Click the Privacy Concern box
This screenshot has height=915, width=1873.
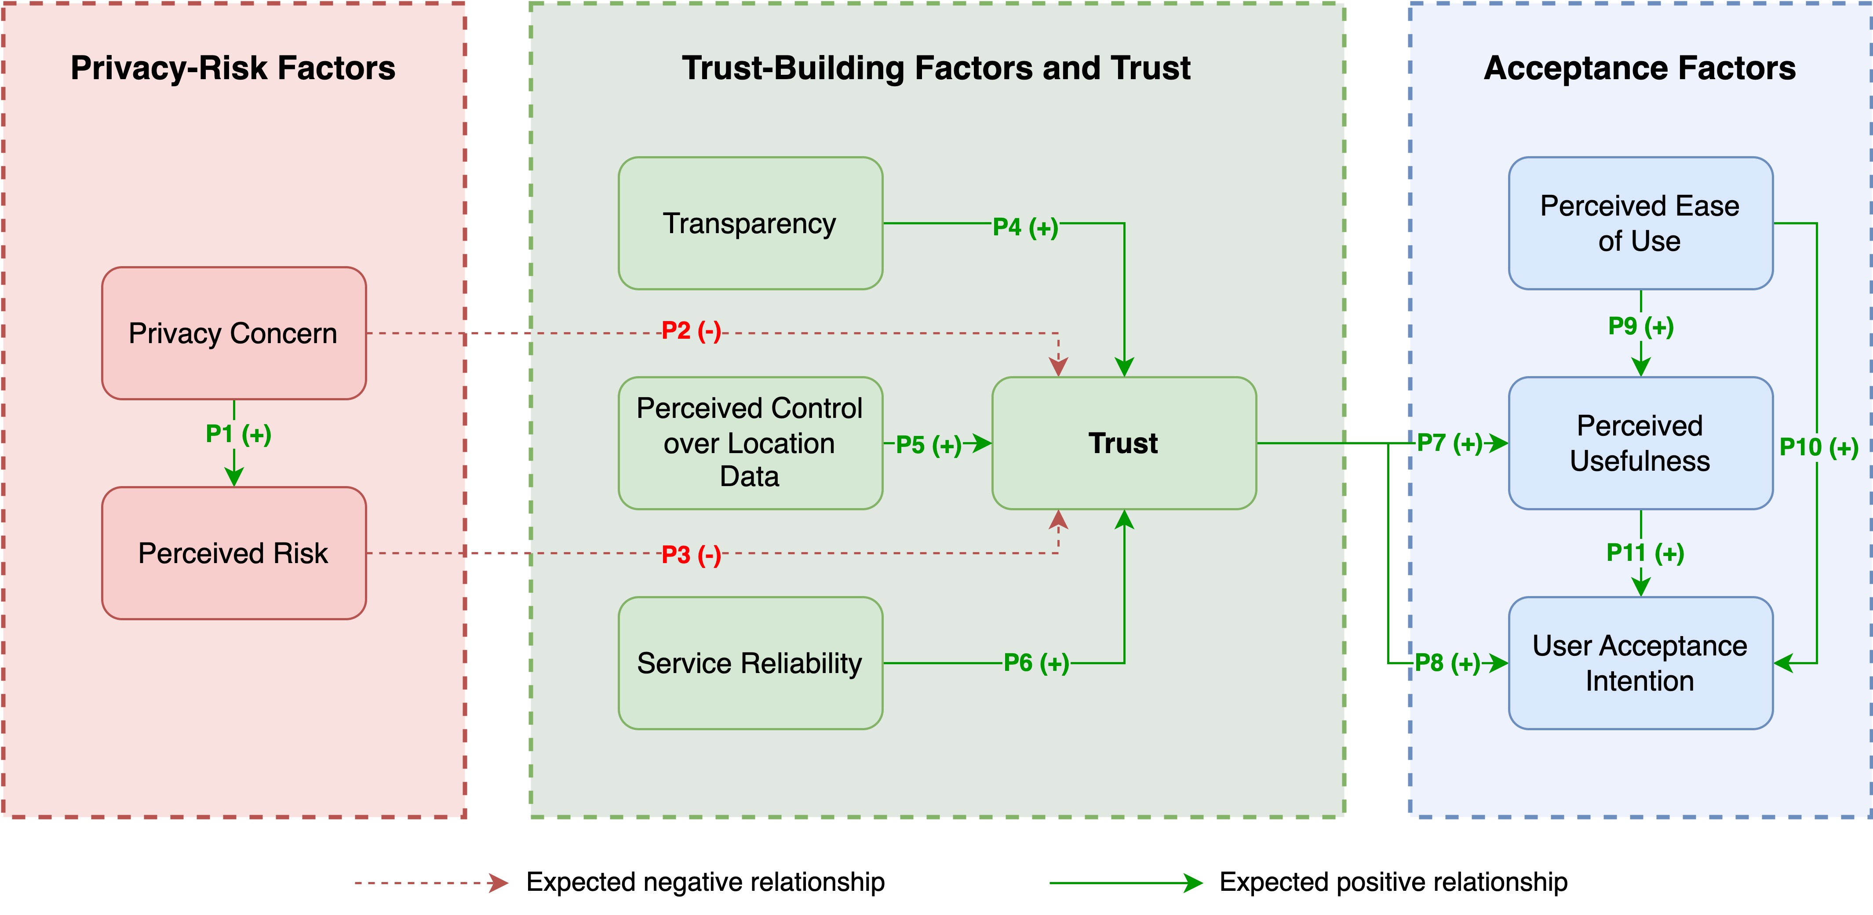(233, 333)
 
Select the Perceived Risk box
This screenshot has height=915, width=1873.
(233, 553)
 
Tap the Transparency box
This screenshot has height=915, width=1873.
(751, 223)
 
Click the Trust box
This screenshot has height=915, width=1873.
(1124, 443)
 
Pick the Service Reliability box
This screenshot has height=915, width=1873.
(751, 662)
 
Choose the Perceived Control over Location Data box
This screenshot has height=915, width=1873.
(751, 443)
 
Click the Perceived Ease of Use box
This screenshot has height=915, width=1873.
(1640, 223)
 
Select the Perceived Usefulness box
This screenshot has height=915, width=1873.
(1640, 443)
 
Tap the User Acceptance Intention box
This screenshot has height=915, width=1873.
(1640, 662)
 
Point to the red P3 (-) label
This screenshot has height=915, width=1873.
(691, 555)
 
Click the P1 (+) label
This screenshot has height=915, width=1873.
(238, 434)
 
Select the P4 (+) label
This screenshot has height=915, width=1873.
(1025, 227)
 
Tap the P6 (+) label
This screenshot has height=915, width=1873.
(1036, 662)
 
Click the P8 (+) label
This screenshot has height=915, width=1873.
(1447, 662)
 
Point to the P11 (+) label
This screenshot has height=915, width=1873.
(1645, 553)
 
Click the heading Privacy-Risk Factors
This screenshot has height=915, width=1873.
(233, 68)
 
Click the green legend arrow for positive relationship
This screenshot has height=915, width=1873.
(1126, 883)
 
